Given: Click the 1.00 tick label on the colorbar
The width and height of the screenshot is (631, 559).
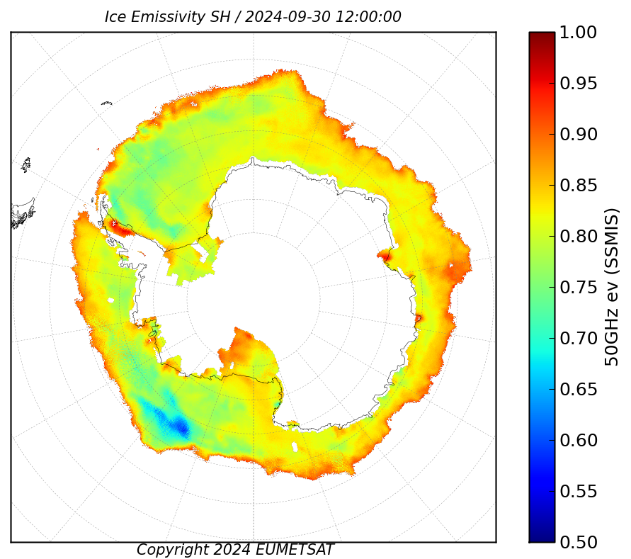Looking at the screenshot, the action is tap(578, 33).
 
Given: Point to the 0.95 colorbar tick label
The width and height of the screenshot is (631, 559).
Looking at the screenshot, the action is tap(578, 84).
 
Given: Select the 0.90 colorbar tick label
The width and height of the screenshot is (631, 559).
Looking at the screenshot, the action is tap(578, 135).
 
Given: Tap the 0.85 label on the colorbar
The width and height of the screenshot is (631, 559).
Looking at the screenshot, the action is tap(578, 186).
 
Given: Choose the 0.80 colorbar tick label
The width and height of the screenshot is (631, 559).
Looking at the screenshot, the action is tap(578, 237).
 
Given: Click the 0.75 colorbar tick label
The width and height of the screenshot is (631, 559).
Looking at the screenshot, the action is tap(578, 288).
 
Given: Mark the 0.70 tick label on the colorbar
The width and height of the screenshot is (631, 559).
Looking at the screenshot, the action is tap(578, 338).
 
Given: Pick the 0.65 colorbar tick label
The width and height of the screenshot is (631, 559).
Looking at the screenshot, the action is tap(578, 390).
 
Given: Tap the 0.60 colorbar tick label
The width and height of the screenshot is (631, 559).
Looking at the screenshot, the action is tap(578, 440).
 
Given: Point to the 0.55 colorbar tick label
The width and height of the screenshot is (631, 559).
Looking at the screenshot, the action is tap(578, 492).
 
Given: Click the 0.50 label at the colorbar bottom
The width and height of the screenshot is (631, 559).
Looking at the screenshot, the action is tap(578, 542).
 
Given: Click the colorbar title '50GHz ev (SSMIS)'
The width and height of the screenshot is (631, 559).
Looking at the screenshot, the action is tap(611, 287).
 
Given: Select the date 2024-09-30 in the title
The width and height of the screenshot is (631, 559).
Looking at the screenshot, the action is tap(288, 17).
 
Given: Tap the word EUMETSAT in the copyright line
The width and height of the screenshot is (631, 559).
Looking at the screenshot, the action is tap(294, 550).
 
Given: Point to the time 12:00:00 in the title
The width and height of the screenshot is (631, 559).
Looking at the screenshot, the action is tap(368, 17).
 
